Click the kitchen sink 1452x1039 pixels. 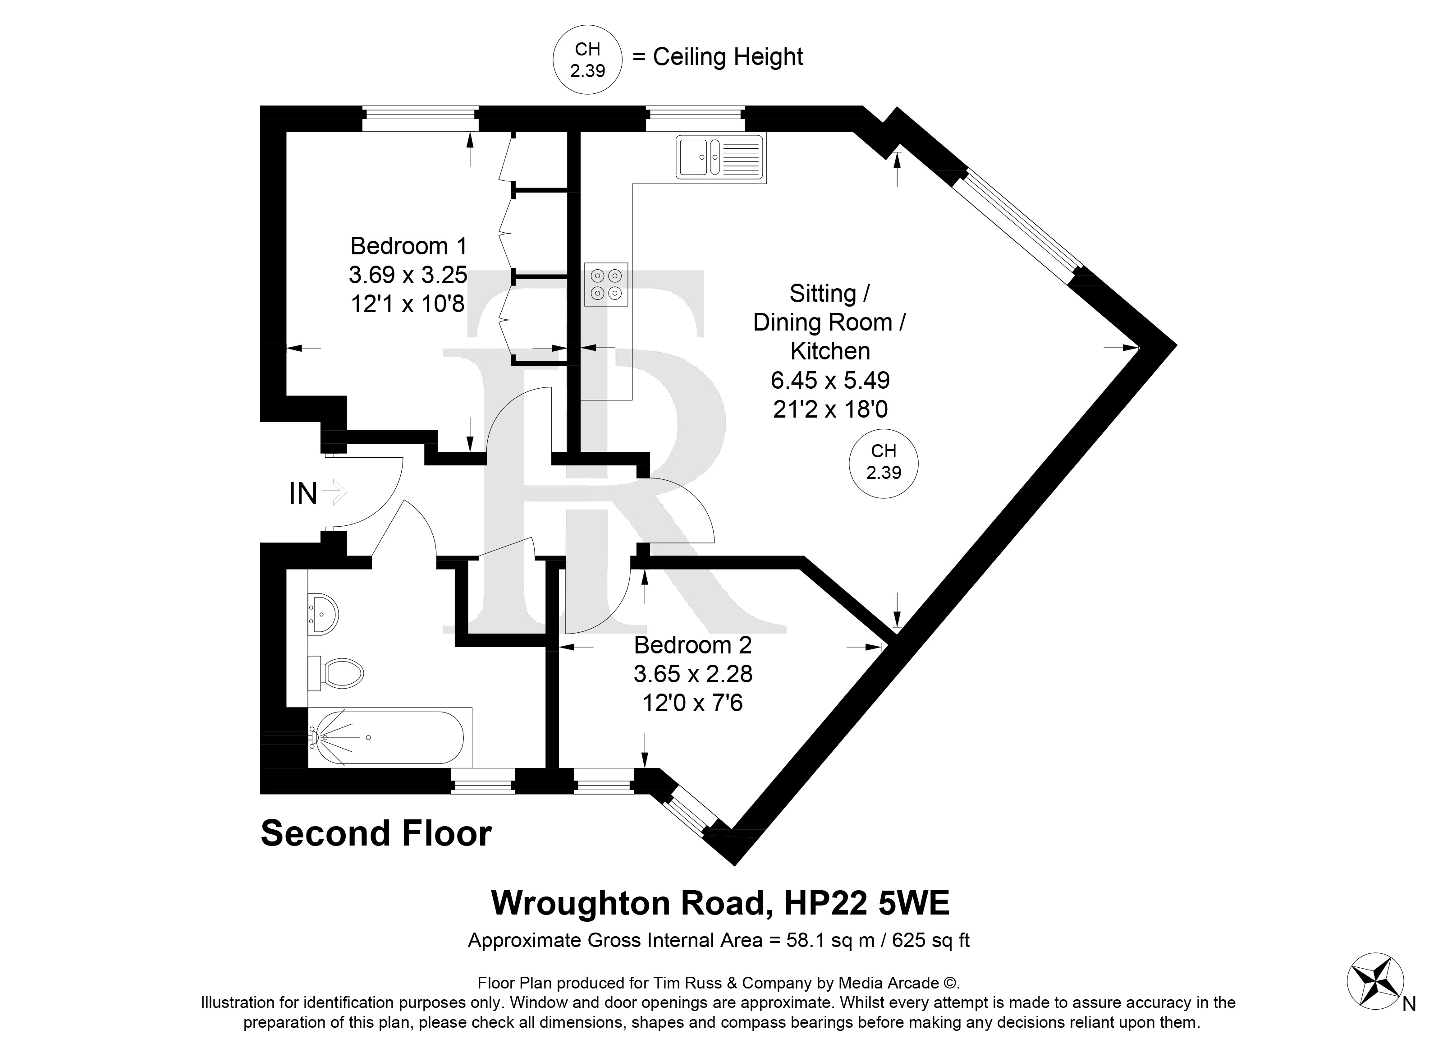click(x=720, y=157)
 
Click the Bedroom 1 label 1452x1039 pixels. click(x=408, y=246)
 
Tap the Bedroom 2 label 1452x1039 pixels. click(x=692, y=645)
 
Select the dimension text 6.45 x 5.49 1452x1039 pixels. click(x=830, y=380)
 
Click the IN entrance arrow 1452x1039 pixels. click(x=334, y=492)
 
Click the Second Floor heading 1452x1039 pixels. click(x=376, y=834)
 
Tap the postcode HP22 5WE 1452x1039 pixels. click(x=866, y=903)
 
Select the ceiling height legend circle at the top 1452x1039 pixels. click(x=587, y=60)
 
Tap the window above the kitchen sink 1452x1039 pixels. click(x=695, y=120)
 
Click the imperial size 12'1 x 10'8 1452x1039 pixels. click(x=408, y=303)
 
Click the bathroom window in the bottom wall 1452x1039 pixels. click(x=483, y=781)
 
